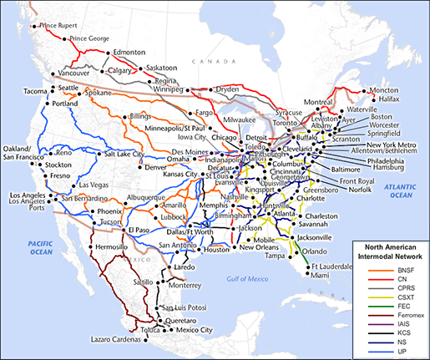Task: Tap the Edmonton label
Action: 129,52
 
